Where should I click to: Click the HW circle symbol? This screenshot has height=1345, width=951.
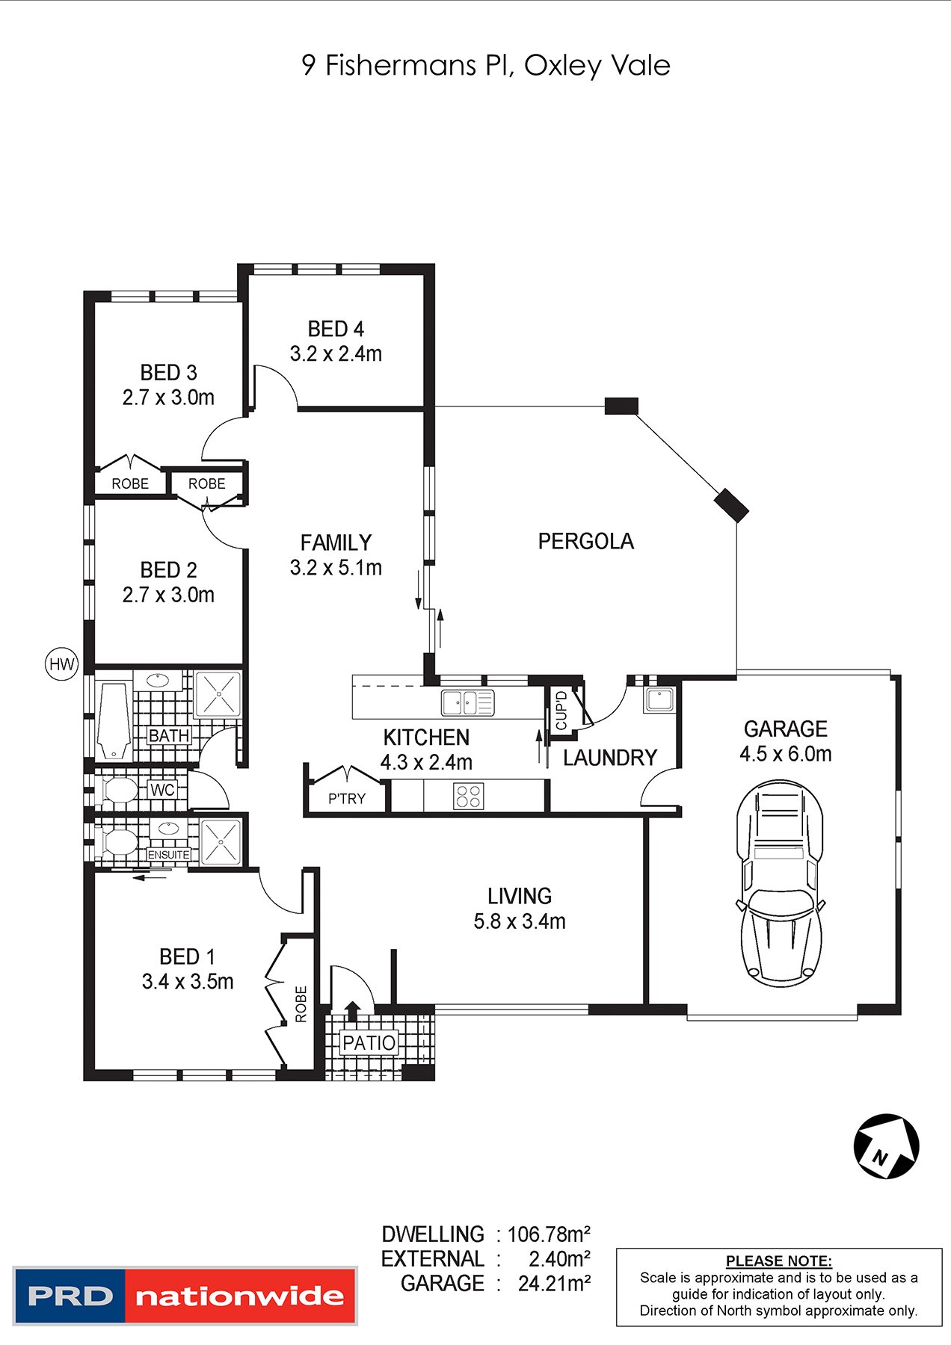pyautogui.click(x=61, y=664)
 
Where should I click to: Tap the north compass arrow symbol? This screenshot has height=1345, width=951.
pyautogui.click(x=887, y=1146)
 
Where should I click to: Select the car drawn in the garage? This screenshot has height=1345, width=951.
pyautogui.click(x=781, y=883)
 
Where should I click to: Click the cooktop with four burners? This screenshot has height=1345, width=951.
pyautogui.click(x=469, y=796)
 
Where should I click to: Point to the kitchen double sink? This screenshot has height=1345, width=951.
pyautogui.click(x=467, y=703)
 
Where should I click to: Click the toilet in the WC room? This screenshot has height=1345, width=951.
pyautogui.click(x=117, y=791)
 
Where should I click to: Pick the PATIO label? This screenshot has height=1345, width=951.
pyautogui.click(x=369, y=1042)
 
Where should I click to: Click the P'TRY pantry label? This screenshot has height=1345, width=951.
pyautogui.click(x=347, y=799)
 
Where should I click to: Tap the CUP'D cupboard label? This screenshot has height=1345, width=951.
pyautogui.click(x=561, y=711)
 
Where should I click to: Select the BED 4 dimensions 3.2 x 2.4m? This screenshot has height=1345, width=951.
pyautogui.click(x=336, y=353)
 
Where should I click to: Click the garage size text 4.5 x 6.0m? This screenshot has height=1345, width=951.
pyautogui.click(x=786, y=754)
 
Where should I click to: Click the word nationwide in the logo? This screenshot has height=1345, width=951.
pyautogui.click(x=239, y=1296)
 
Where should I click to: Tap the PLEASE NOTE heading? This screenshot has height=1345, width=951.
pyautogui.click(x=779, y=1261)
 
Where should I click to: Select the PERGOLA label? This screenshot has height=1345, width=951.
pyautogui.click(x=586, y=541)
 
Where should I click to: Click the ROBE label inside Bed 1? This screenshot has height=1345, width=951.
pyautogui.click(x=301, y=1004)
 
